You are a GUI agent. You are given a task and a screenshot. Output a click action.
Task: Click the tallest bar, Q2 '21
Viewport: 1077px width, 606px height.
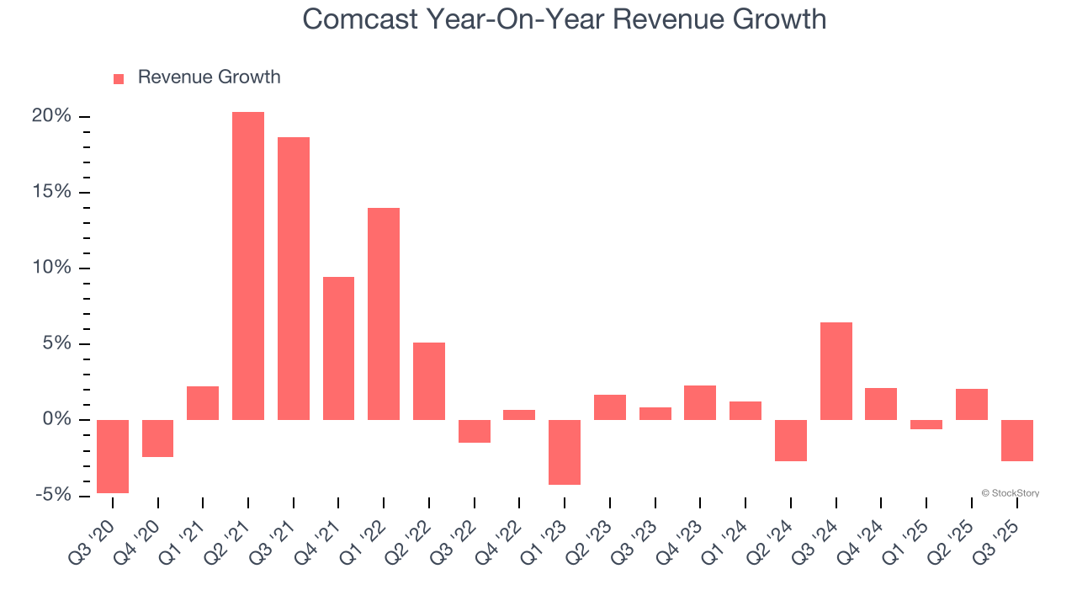pos(248,265)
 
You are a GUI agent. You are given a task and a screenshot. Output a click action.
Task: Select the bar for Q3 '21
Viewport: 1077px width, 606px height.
pos(294,278)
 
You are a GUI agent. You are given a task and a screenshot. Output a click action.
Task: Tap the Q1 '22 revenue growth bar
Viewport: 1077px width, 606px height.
pos(384,313)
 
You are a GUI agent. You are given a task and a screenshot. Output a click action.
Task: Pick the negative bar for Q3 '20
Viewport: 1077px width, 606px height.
pos(113,456)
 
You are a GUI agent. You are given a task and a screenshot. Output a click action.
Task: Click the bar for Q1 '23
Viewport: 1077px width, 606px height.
pos(565,452)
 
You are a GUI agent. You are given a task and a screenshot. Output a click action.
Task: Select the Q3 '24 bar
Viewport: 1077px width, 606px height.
pos(836,370)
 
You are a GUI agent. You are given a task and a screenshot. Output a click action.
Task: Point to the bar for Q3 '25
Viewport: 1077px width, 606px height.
pos(1017,440)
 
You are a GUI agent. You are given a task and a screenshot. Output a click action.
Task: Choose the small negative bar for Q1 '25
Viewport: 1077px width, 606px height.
pos(926,424)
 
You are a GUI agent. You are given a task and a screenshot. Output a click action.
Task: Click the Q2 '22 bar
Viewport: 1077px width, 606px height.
pos(429,380)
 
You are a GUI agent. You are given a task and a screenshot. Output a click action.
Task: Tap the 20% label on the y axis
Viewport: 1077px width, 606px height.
pos(51,116)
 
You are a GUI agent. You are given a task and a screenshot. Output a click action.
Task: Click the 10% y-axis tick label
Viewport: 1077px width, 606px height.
pos(51,268)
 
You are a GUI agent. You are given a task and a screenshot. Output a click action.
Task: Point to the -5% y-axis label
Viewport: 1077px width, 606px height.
pos(52,495)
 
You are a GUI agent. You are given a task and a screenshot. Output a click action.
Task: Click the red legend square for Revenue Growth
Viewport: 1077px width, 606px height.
pos(119,78)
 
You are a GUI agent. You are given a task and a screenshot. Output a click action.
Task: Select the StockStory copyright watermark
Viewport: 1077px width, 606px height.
pos(1010,493)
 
